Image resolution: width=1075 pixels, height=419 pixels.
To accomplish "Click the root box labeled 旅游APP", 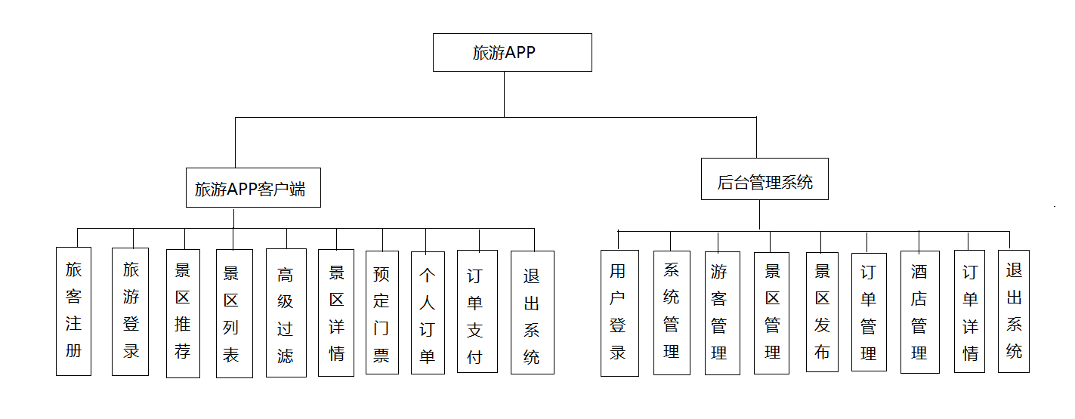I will coord(512,52).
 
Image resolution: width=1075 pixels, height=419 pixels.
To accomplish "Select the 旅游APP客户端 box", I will coord(253,187).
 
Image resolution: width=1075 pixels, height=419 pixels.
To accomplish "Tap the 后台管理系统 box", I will coord(765,179).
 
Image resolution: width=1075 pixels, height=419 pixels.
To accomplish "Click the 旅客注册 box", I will coord(73,311).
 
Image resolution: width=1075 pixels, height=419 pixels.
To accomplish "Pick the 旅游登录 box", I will coord(131,311).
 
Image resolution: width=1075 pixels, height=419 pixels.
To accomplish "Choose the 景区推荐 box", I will coord(183,313).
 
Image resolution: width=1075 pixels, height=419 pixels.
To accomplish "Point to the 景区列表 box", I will coord(232,313).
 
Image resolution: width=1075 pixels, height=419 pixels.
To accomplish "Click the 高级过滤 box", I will coord(286,313).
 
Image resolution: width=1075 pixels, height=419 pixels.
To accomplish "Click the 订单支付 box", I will coord(477,311).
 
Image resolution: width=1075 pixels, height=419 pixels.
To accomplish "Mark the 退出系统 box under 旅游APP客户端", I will coord(532,313).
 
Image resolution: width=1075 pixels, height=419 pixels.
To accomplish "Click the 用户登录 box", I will coord(619,313).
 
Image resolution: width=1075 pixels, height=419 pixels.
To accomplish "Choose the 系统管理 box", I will coord(672,313).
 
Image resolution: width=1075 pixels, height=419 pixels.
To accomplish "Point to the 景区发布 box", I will coord(822,311).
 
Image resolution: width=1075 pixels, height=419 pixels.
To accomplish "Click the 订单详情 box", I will coord(969,311).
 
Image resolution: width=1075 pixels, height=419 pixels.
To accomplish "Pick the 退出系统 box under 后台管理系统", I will coord(1014,311).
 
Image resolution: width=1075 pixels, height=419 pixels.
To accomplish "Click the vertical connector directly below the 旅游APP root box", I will coord(505,94).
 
